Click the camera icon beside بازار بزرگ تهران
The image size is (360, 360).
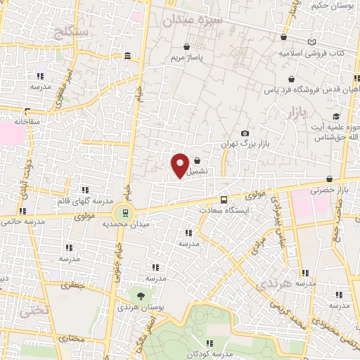tap(245, 133)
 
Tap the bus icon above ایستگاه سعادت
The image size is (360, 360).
tap(224, 199)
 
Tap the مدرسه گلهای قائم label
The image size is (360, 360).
tap(80, 200)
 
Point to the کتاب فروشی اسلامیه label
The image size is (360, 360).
tap(320, 53)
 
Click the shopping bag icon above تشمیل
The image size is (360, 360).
tap(197, 160)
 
